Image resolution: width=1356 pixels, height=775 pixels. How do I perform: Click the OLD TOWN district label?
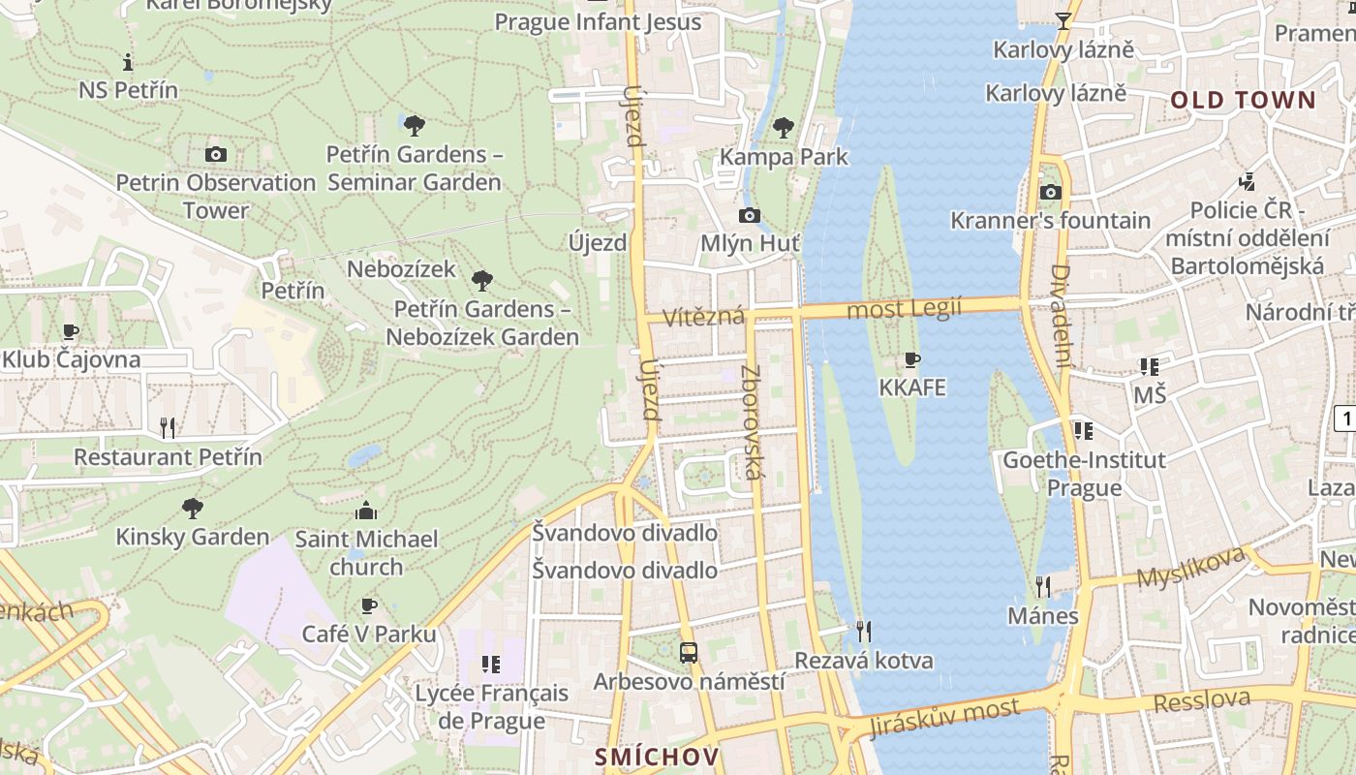coord(1244,100)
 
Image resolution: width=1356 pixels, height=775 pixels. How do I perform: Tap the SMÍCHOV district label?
coord(657,757)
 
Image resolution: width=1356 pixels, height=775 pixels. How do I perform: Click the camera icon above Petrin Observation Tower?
coord(216,154)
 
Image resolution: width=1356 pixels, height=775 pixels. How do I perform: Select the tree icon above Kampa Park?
coord(784,127)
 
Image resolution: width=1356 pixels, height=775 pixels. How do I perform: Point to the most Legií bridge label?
coord(904,309)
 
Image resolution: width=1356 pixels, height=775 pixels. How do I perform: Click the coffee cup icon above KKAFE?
coord(911,360)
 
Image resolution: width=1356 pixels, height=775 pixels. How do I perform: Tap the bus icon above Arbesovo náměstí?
coord(689,652)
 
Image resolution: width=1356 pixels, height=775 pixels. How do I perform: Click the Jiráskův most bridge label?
coord(944,718)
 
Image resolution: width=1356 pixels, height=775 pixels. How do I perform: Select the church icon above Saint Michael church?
coord(366,511)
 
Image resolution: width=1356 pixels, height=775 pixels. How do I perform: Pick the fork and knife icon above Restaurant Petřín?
coord(168,427)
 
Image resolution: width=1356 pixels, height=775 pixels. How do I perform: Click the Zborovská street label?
coord(752,422)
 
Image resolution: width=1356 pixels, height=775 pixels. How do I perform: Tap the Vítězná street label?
coord(704,317)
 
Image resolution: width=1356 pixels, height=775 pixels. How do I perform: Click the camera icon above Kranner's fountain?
coord(1050,192)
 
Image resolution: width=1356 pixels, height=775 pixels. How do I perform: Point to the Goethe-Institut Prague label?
coord(1084,473)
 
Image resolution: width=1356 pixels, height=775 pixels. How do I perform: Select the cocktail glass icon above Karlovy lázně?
coord(1063,21)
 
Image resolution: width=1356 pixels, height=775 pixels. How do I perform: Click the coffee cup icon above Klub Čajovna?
coord(71,331)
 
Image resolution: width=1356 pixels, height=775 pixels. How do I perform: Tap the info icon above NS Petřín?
coord(128,63)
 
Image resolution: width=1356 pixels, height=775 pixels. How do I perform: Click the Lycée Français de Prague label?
coord(491,706)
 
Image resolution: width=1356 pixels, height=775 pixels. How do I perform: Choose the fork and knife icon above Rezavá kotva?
coord(864,632)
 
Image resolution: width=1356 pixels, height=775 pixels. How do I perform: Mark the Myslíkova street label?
coord(1189,568)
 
